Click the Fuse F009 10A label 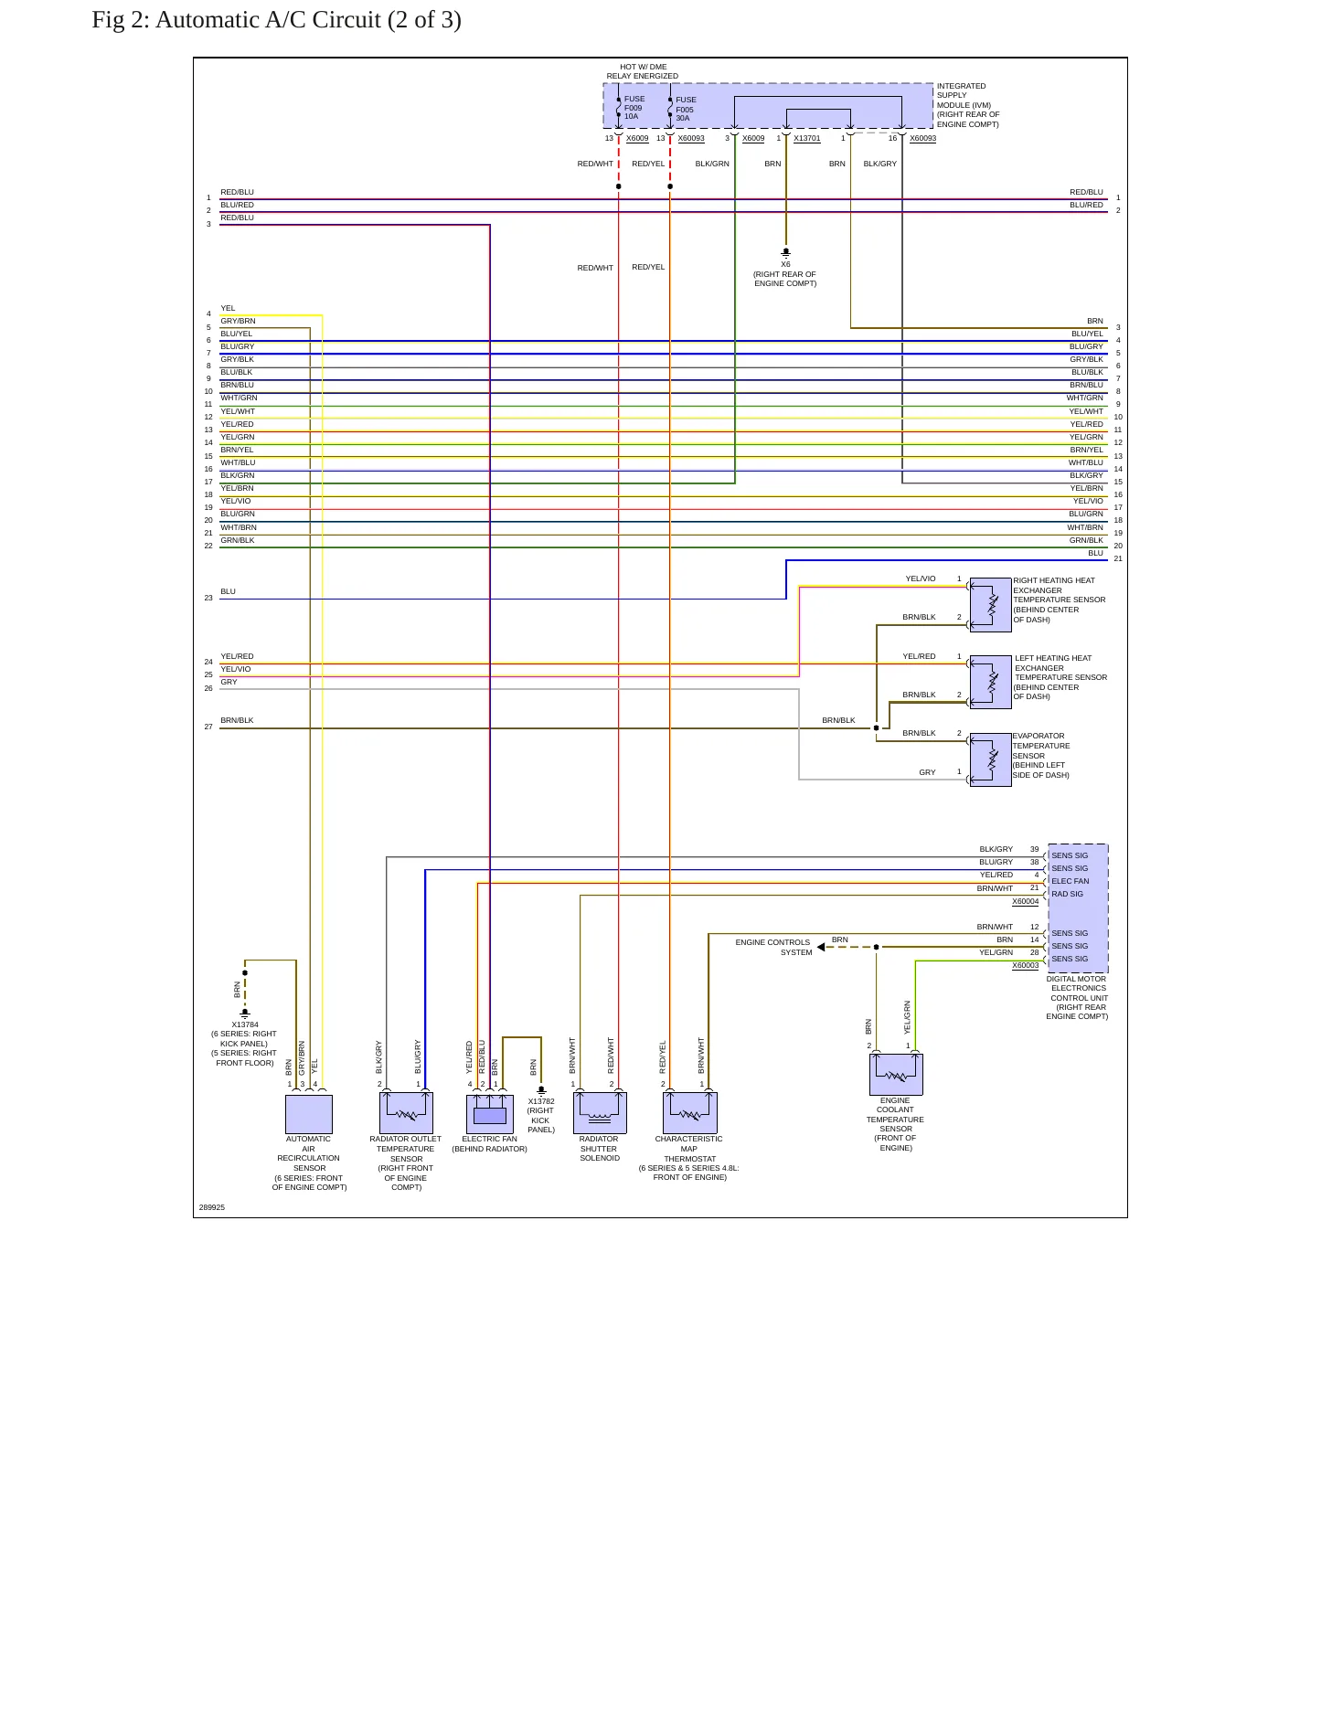tap(634, 108)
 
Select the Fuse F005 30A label tap(686, 109)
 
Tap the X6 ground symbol tap(785, 252)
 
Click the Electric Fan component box tap(490, 1114)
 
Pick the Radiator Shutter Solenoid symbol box tap(600, 1113)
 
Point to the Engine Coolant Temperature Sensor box tap(896, 1074)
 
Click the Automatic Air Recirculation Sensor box tap(309, 1114)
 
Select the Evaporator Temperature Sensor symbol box tap(990, 759)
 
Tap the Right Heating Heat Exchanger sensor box tap(990, 604)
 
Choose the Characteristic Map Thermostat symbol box tap(690, 1113)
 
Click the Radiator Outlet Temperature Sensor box tap(406, 1113)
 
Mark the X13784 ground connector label tap(245, 1024)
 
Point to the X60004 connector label tap(1026, 902)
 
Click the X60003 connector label tap(1026, 966)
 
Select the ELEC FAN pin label tap(1070, 882)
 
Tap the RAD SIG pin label tap(1067, 895)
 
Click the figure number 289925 tap(212, 1207)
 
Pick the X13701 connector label tap(807, 139)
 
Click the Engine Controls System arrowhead tap(821, 947)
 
